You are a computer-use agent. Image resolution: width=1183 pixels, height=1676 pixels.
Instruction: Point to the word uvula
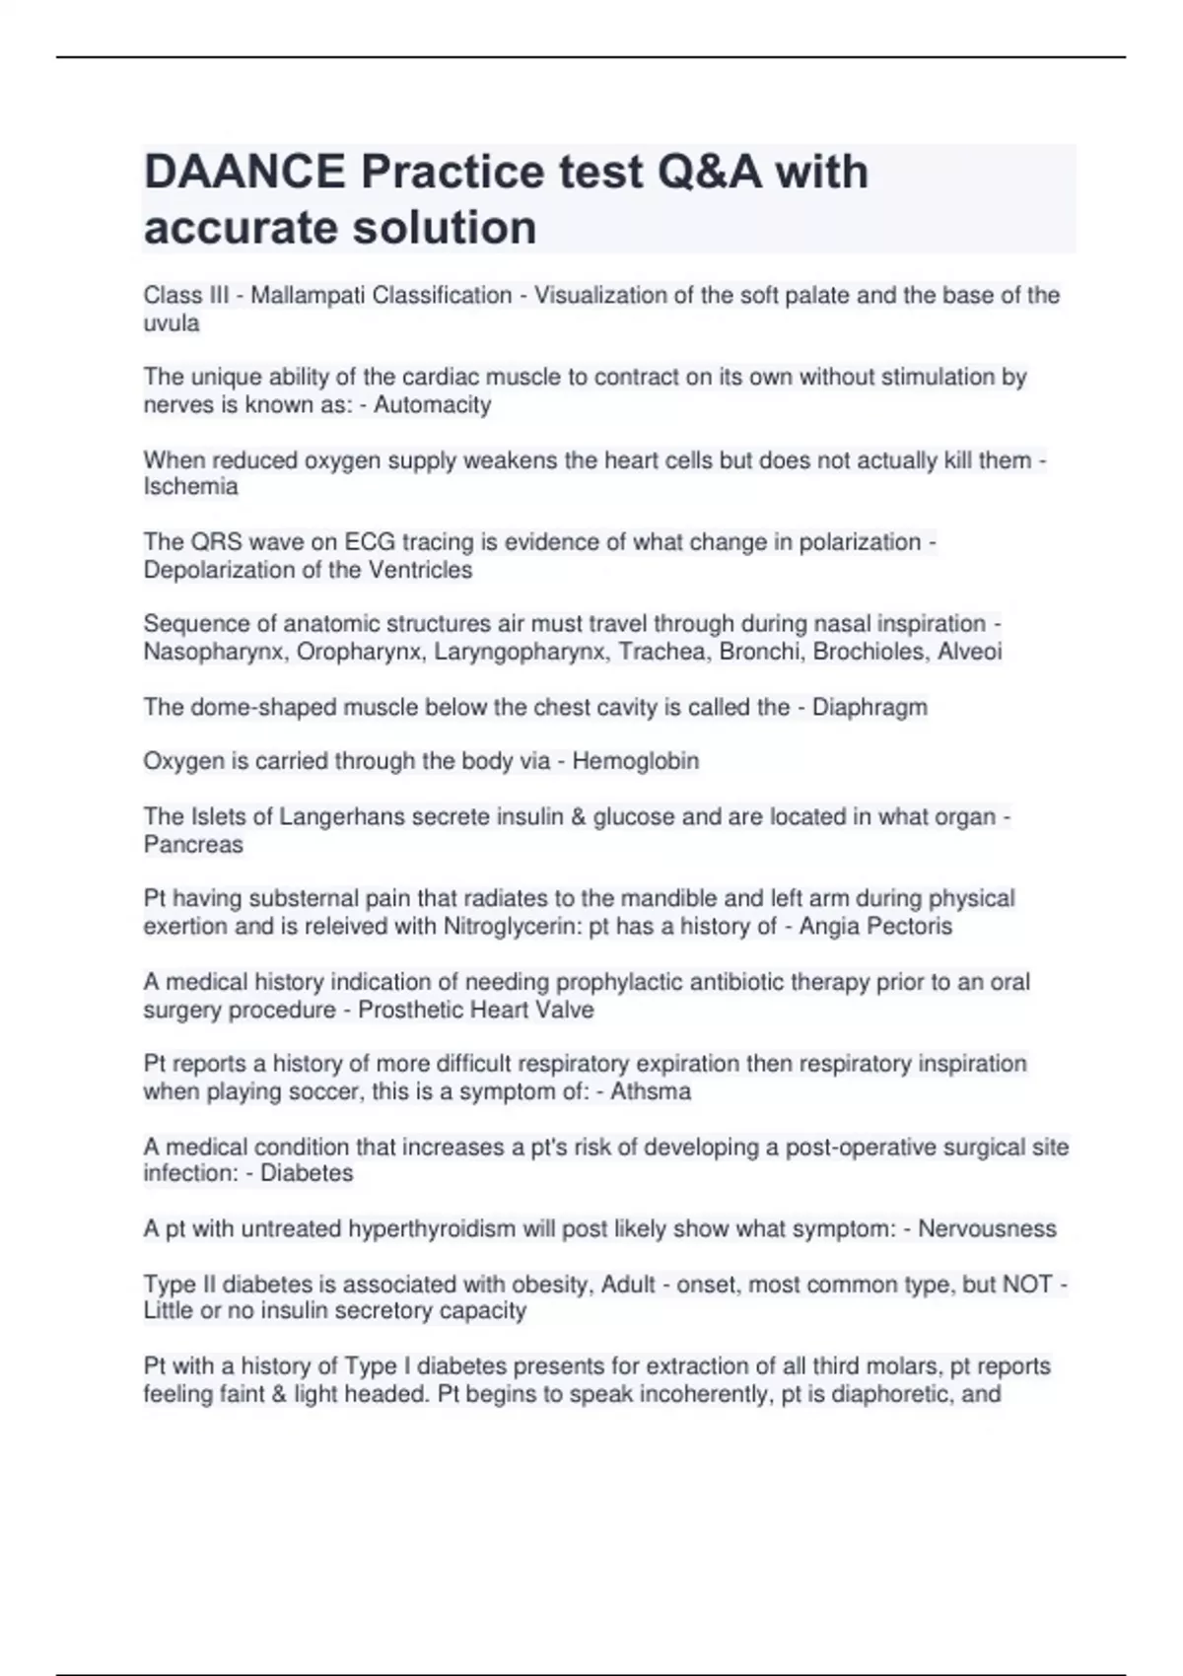click(171, 323)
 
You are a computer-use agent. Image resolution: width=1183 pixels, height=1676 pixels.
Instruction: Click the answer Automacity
click(432, 405)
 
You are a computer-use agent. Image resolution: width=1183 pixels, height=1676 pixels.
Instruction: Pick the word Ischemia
click(190, 487)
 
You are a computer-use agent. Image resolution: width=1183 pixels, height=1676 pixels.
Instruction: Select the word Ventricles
click(420, 570)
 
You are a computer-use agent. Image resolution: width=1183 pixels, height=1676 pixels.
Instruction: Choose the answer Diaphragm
click(870, 707)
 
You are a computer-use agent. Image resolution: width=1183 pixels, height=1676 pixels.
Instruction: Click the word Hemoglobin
click(636, 761)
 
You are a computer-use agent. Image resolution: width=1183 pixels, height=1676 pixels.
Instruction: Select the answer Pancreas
click(193, 845)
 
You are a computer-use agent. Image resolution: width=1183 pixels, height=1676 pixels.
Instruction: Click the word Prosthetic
click(411, 1010)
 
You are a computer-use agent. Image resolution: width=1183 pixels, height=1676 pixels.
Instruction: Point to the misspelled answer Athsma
click(651, 1091)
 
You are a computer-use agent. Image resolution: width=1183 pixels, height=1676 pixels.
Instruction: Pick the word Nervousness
click(987, 1228)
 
